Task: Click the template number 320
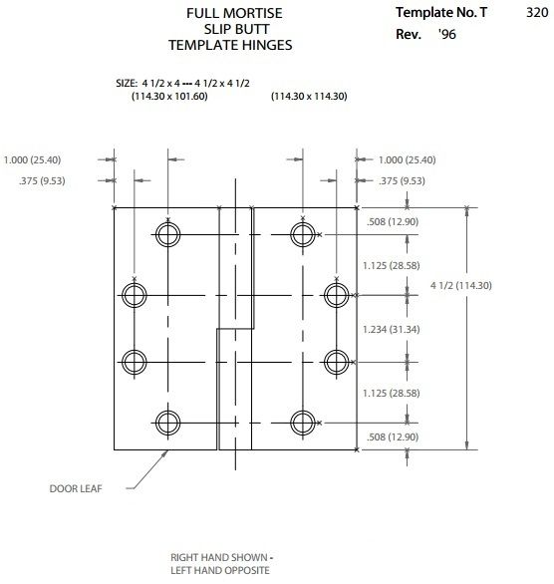click(x=537, y=13)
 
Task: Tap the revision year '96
click(x=447, y=34)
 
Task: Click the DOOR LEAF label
click(x=76, y=488)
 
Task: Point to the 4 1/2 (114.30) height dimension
click(x=461, y=286)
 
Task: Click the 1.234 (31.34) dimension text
click(x=392, y=329)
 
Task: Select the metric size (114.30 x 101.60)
click(x=169, y=96)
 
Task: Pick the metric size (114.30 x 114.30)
click(x=309, y=96)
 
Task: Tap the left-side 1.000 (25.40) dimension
click(x=32, y=160)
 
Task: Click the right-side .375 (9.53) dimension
click(x=402, y=181)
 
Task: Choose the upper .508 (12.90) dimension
click(x=393, y=222)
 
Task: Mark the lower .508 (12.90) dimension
click(x=393, y=437)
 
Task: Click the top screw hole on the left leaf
click(x=168, y=222)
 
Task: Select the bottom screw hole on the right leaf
click(x=303, y=411)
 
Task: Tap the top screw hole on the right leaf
click(x=303, y=222)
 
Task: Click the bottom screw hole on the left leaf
click(x=168, y=411)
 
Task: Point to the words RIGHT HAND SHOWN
click(x=219, y=557)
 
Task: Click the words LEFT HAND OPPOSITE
click(x=220, y=570)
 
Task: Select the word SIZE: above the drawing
click(x=127, y=83)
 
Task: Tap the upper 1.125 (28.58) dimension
click(x=392, y=265)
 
